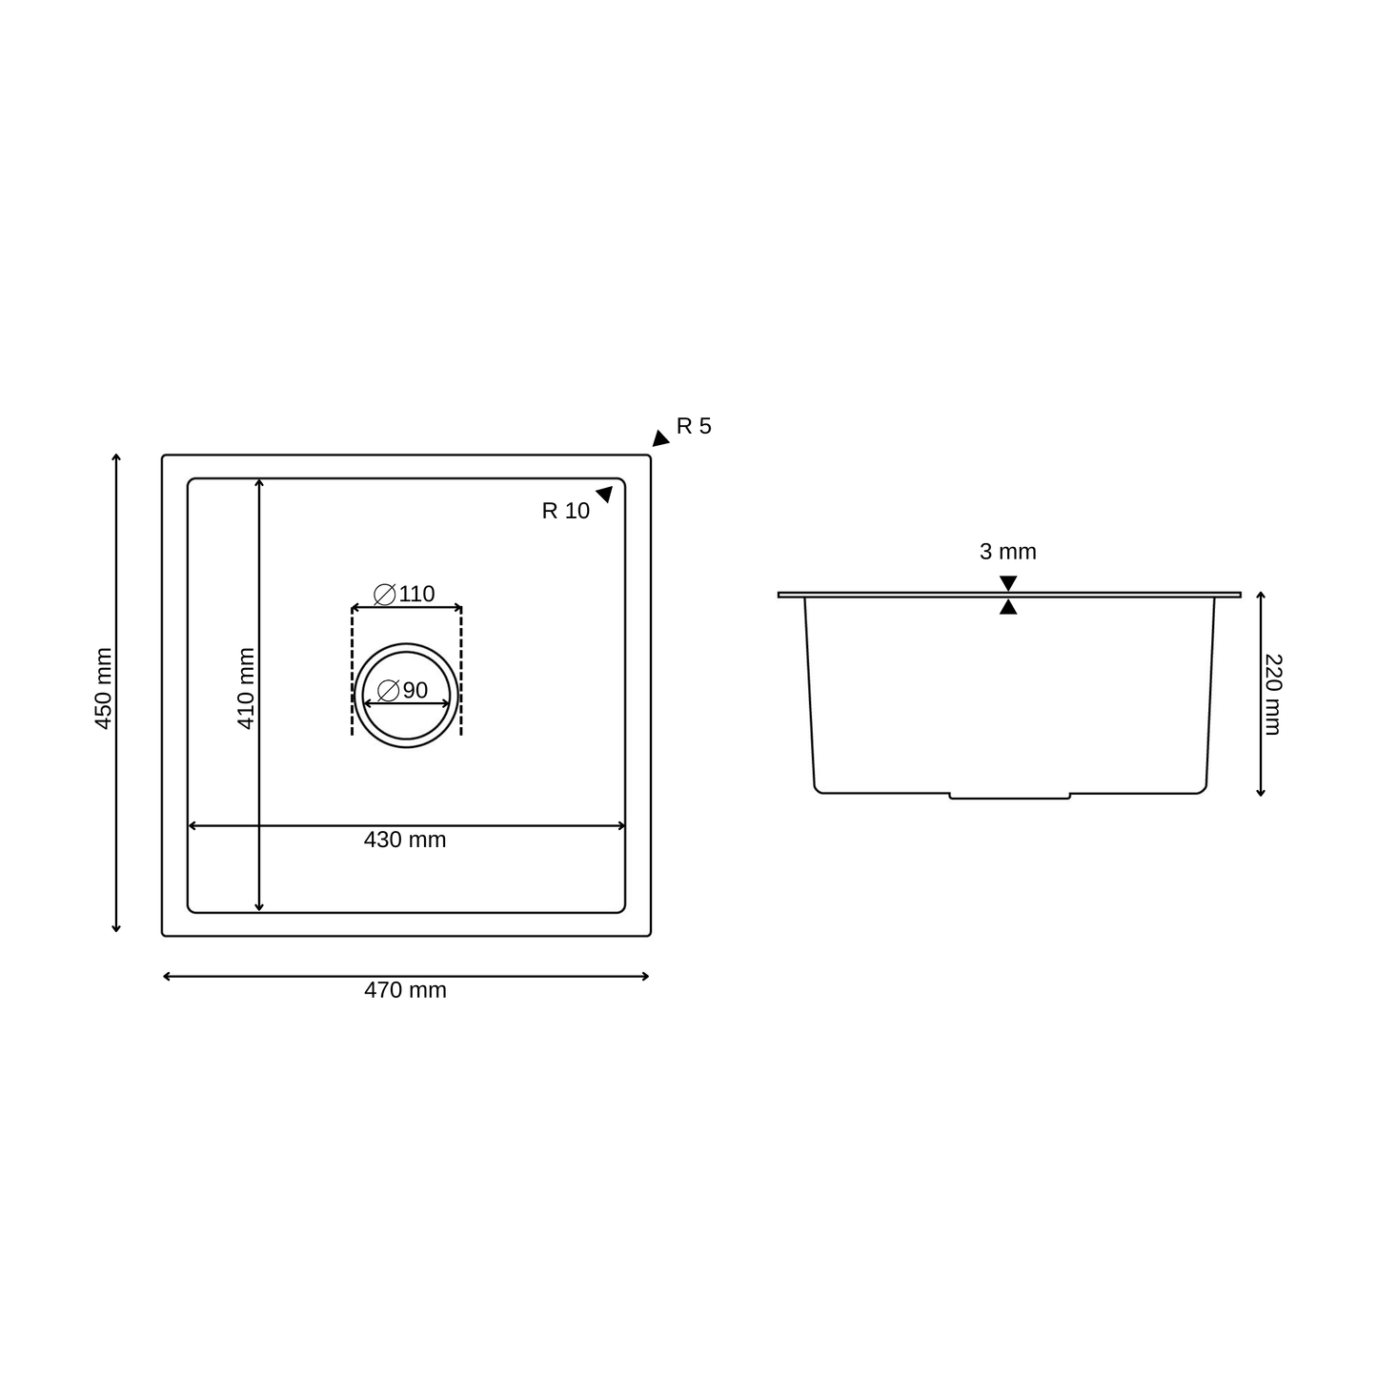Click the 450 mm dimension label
(104, 688)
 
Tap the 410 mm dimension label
(246, 688)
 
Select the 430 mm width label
(404, 840)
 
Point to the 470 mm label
(405, 990)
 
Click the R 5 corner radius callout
(694, 426)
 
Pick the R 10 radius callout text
(565, 511)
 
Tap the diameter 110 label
(404, 594)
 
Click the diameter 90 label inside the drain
(402, 690)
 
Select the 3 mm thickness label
(1007, 552)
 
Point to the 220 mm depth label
(1273, 694)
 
